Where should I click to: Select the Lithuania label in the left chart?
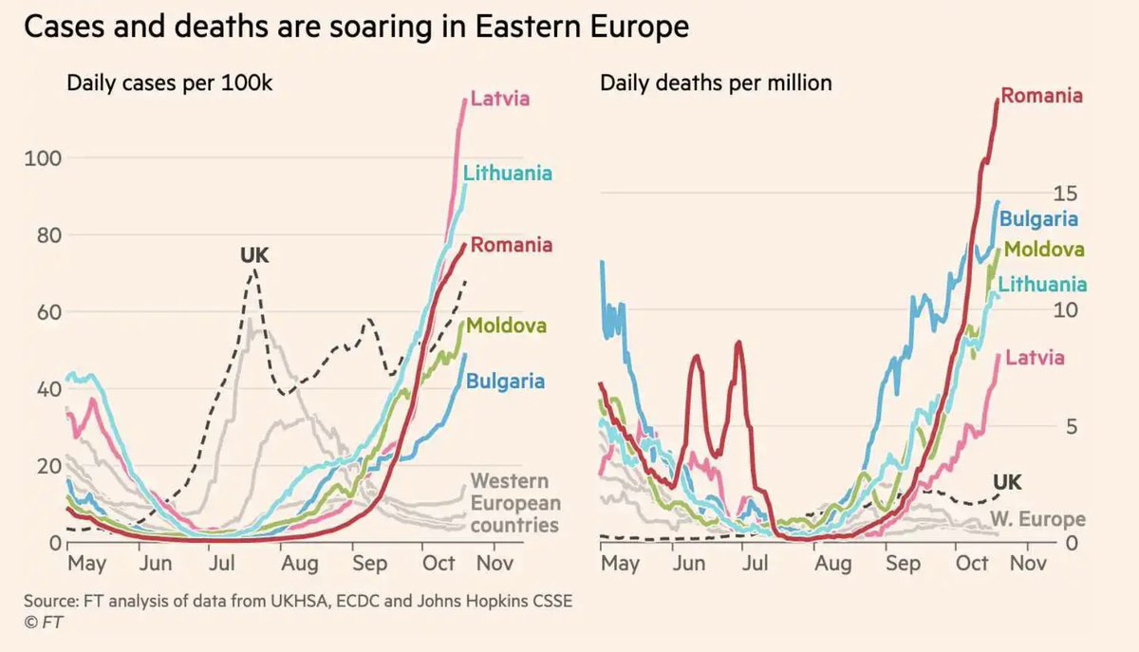coord(508,173)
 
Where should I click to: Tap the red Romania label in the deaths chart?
coord(1041,95)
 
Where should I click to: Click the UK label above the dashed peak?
coord(253,254)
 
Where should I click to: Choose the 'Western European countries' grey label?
coord(515,503)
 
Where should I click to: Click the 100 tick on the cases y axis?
coord(42,158)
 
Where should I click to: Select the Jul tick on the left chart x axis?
coord(222,564)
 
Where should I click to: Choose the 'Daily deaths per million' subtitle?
coord(716,83)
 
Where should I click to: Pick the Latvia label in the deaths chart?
coord(1034,358)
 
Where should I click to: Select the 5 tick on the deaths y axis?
coord(1071,426)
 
